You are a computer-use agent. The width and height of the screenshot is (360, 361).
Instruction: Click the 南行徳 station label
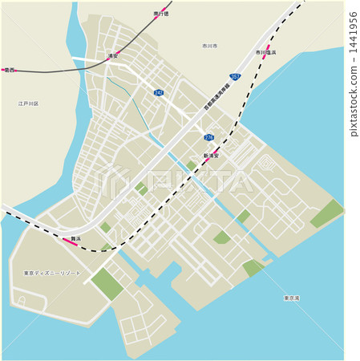tap(161, 14)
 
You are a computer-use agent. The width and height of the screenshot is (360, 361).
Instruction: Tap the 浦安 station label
tap(113, 55)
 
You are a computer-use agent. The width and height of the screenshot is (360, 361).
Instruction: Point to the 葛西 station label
tap(10, 70)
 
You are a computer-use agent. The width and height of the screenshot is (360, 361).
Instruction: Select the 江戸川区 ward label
tap(29, 103)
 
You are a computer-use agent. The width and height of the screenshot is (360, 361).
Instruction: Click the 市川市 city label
tap(211, 46)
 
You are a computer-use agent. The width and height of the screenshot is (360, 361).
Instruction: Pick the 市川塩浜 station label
tap(266, 53)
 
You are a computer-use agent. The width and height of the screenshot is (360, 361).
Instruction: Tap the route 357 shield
tap(234, 76)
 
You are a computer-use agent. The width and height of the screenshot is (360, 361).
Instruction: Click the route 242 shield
tap(159, 93)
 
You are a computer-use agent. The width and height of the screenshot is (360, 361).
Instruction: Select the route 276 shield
tap(208, 137)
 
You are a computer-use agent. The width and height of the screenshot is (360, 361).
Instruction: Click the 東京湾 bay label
tap(291, 298)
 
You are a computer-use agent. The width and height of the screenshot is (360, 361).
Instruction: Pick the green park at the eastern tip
tap(326, 213)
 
